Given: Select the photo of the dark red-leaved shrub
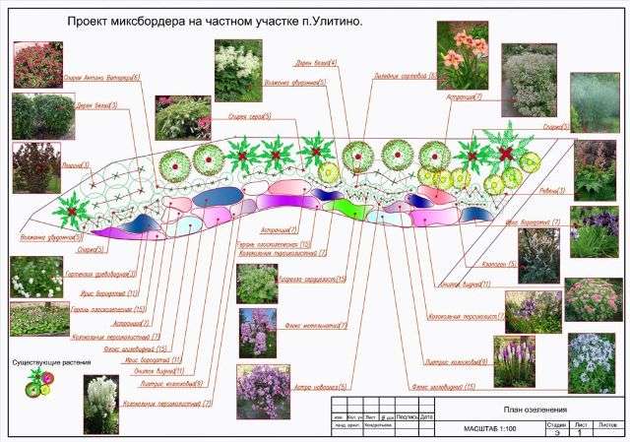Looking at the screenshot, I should [x=36, y=167].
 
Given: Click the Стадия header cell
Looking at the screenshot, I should [x=555, y=423].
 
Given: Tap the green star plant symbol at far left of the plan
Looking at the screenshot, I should [x=71, y=209].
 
